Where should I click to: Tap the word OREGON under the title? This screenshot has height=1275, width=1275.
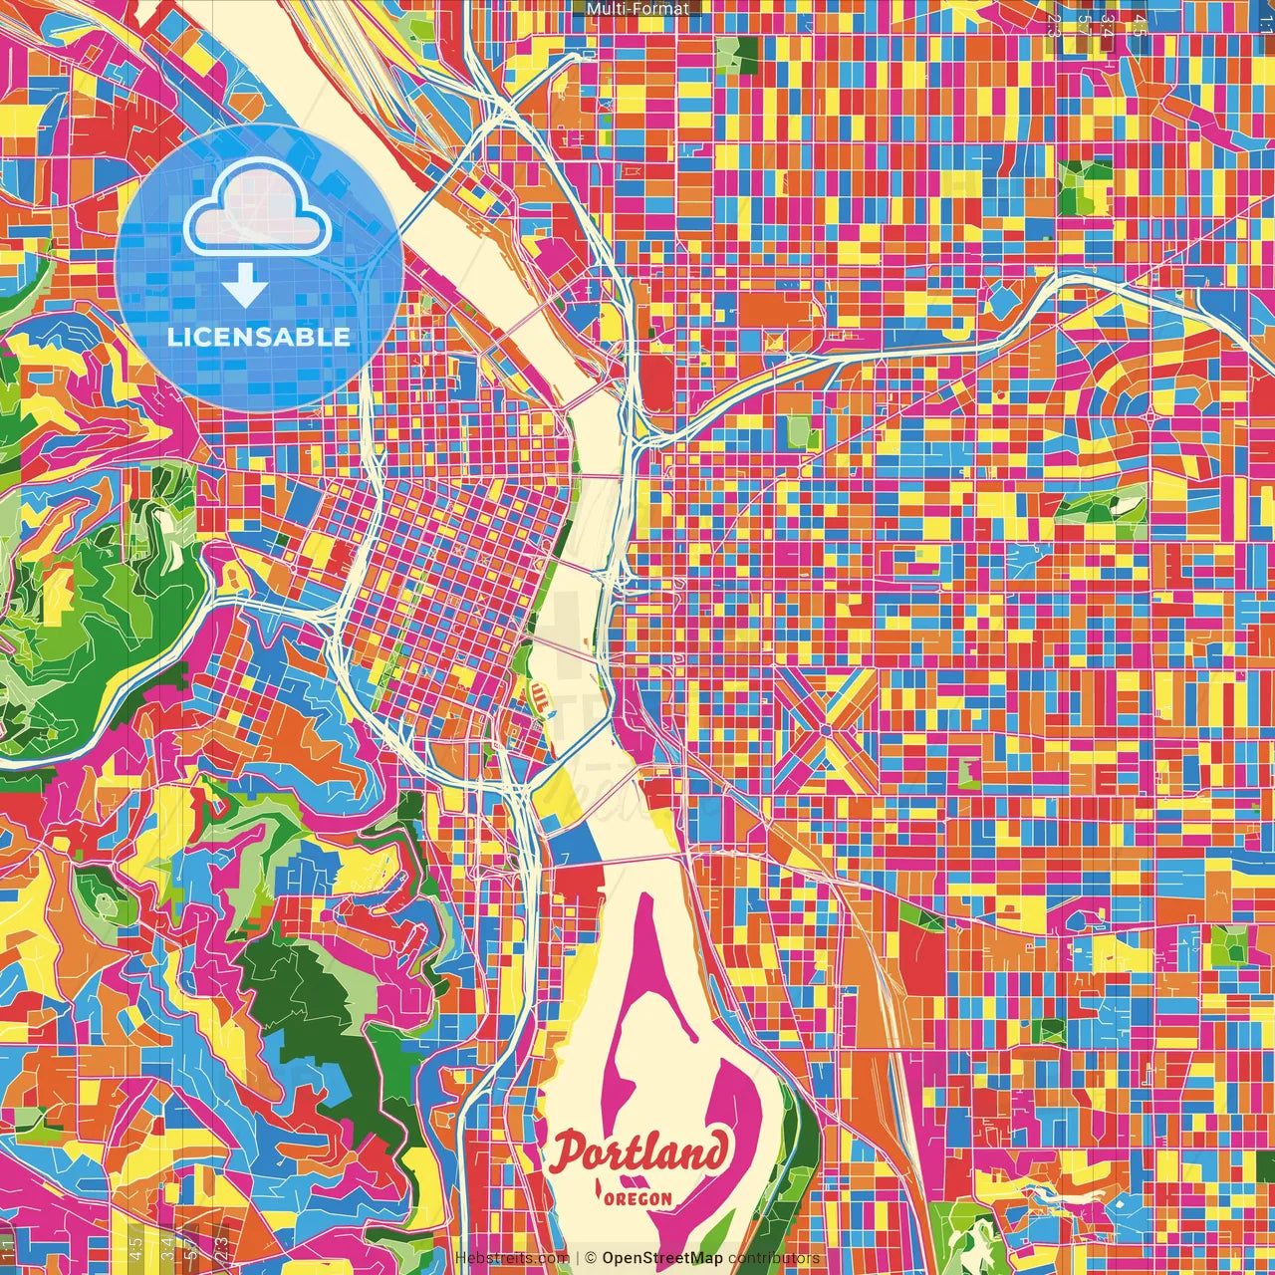(x=637, y=1198)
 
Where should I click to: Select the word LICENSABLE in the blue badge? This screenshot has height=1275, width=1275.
(x=259, y=337)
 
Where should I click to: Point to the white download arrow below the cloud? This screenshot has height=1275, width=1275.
(x=244, y=287)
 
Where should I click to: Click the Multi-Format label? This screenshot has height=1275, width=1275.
(x=637, y=9)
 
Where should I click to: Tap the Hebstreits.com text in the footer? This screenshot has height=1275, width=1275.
(x=512, y=1258)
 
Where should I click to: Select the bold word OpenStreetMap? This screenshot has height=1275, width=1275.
(x=662, y=1258)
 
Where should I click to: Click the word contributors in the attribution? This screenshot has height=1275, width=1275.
(x=774, y=1258)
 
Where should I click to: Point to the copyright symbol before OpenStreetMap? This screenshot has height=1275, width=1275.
(x=591, y=1258)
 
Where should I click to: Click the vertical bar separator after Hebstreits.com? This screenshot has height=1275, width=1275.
(x=577, y=1258)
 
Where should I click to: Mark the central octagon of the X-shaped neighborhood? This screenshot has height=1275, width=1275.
(x=826, y=730)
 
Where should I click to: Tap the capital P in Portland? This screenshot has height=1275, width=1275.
(x=572, y=1153)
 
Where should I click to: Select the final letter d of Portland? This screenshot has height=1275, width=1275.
(x=713, y=1151)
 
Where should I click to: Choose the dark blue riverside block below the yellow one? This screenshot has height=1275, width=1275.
(x=573, y=847)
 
